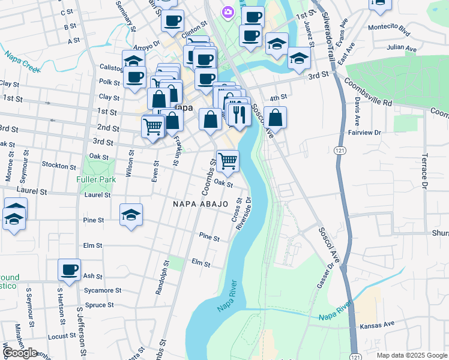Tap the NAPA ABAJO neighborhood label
point(200,204)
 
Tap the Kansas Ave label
point(377,325)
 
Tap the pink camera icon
point(228,11)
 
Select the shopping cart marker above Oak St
point(228,160)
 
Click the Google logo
point(20,353)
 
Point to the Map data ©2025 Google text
point(411,355)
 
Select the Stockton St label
point(59,166)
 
